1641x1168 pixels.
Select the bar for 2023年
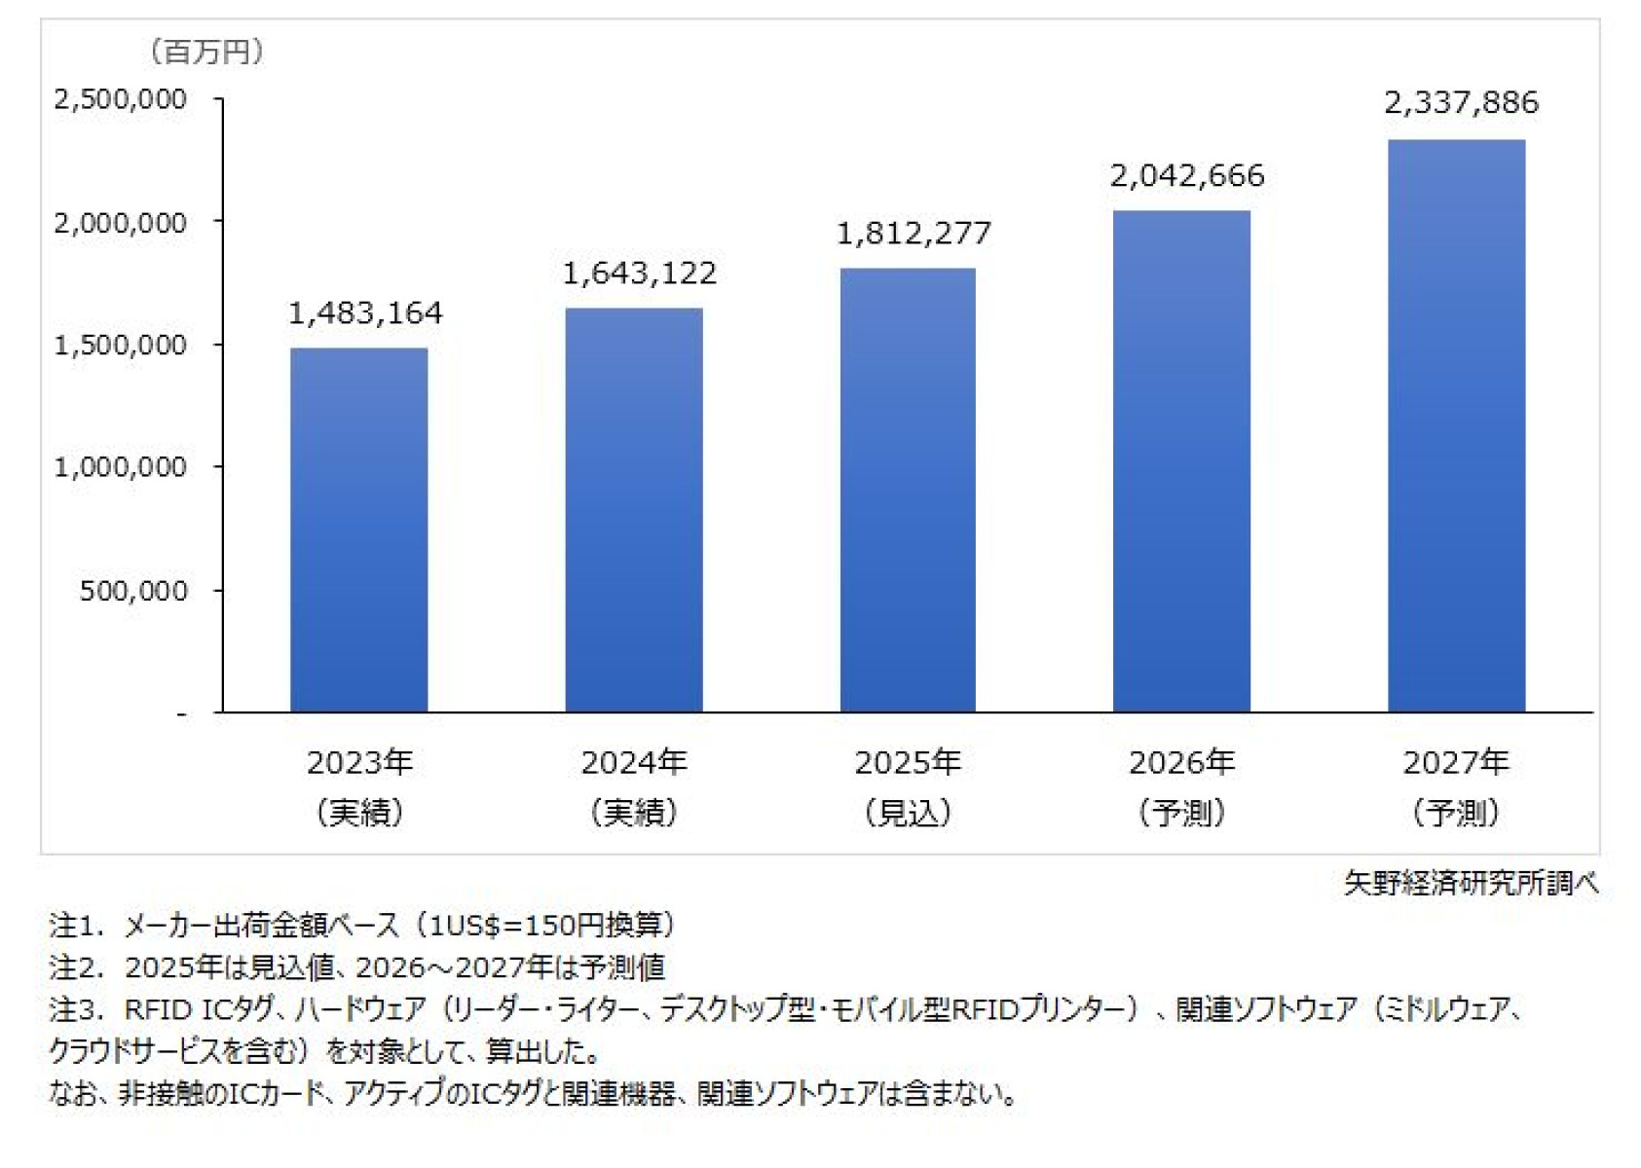(x=358, y=530)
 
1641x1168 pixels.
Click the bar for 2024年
(x=633, y=511)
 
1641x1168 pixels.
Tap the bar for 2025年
(x=908, y=492)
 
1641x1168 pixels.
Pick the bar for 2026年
(x=1181, y=462)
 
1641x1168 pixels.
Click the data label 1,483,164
(x=365, y=313)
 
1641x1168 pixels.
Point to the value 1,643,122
(x=640, y=274)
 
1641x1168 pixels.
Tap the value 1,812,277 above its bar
(x=914, y=234)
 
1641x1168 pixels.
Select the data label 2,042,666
(x=1187, y=176)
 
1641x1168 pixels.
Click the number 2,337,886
(x=1461, y=103)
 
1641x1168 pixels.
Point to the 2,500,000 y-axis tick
(x=120, y=99)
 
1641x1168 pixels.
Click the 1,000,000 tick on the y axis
(x=120, y=468)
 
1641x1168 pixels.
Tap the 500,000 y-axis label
(x=133, y=591)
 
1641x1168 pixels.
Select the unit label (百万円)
(x=205, y=52)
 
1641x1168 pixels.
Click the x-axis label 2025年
(x=908, y=762)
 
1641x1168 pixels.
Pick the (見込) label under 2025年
(x=908, y=813)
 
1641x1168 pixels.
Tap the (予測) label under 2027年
(x=1456, y=813)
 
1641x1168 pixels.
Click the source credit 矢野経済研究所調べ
(x=1471, y=883)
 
